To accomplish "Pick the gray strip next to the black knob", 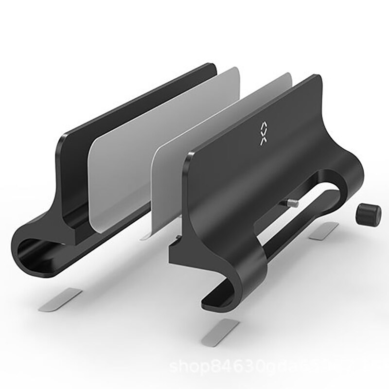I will [325, 232].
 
